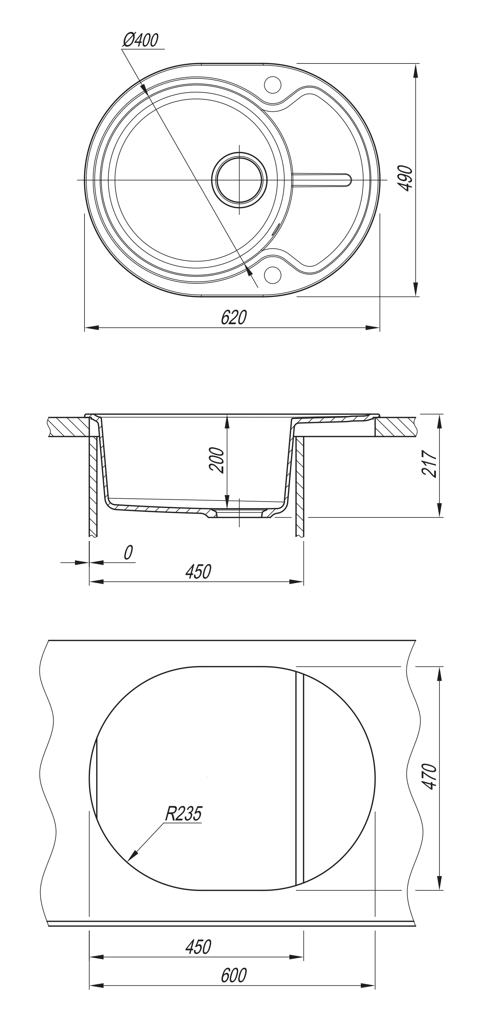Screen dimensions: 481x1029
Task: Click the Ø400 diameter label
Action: (x=141, y=40)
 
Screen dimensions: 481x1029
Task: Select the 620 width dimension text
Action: (x=234, y=317)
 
